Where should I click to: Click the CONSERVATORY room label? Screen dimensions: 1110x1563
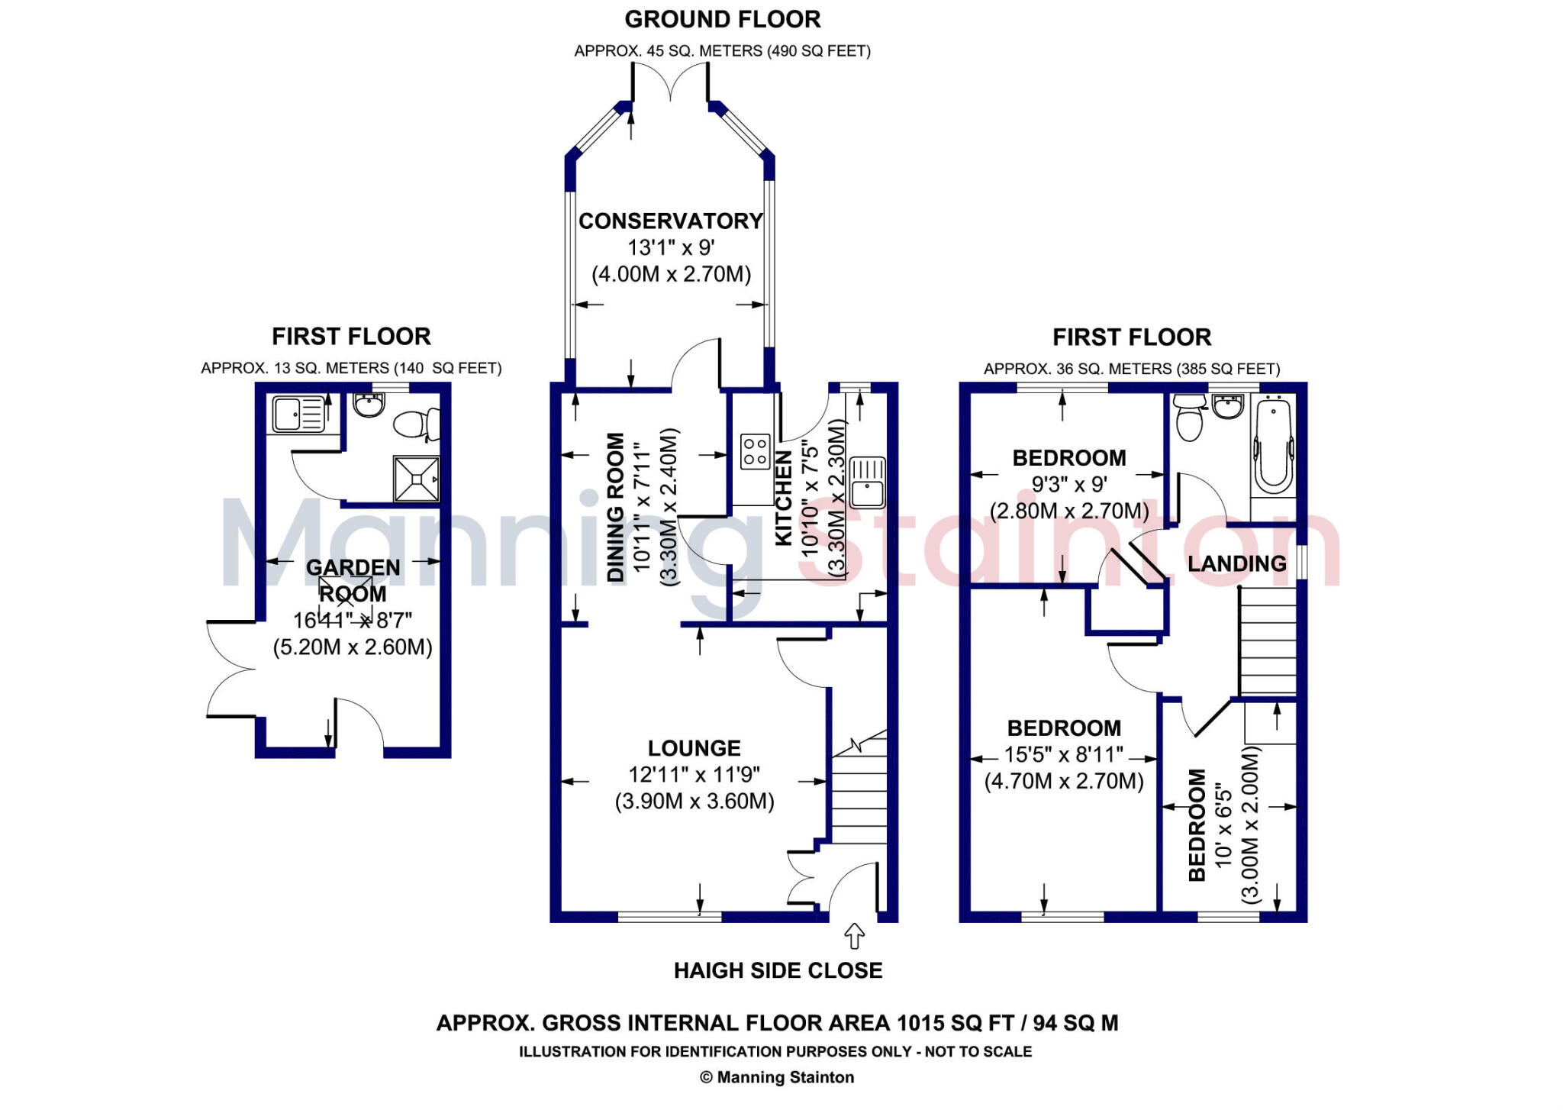[670, 221]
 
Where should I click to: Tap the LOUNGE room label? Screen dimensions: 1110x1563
[694, 748]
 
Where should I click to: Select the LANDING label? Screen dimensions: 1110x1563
[1236, 563]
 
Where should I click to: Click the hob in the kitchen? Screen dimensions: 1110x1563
[756, 451]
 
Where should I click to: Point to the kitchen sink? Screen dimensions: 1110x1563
[867, 482]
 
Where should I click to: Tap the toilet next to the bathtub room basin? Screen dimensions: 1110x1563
[1189, 418]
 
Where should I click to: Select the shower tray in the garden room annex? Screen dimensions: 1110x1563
[417, 479]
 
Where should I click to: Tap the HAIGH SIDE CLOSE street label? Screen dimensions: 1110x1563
[778, 970]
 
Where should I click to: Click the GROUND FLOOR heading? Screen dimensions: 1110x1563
[722, 19]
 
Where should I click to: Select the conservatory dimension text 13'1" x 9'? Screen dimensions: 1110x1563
[670, 247]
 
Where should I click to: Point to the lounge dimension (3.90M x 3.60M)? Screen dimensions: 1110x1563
[694, 802]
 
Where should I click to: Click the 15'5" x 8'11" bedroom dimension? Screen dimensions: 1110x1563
[1063, 755]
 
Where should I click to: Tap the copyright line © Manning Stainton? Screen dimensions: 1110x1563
[777, 1077]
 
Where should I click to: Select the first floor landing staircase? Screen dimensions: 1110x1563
[1267, 641]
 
